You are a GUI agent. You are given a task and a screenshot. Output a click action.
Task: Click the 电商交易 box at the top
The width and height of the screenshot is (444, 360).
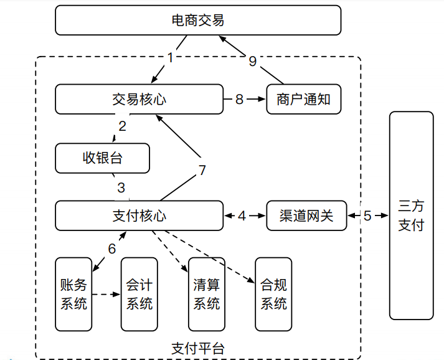click(198, 21)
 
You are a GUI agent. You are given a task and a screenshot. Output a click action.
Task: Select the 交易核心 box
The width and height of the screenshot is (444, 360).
click(139, 100)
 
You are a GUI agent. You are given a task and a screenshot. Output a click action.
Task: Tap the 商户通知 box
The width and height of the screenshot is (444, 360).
click(303, 100)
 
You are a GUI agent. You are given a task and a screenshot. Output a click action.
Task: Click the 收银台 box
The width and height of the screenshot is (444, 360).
click(103, 158)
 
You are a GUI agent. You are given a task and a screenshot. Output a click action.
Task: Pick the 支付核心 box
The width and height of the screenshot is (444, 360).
click(139, 216)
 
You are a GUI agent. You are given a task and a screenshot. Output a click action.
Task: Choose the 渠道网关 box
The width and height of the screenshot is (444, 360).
click(306, 216)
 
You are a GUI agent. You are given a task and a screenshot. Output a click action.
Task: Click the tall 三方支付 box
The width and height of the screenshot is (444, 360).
click(410, 216)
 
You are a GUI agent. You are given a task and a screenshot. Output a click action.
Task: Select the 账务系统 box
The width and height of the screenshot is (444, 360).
click(73, 294)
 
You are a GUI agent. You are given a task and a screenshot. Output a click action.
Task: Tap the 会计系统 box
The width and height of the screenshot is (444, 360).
click(139, 294)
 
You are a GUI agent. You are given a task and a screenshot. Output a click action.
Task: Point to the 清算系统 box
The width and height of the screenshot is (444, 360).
click(207, 294)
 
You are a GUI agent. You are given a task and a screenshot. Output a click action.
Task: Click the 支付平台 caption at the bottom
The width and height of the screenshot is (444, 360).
click(197, 348)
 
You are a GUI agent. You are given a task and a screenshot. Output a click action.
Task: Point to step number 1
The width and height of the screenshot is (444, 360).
click(171, 57)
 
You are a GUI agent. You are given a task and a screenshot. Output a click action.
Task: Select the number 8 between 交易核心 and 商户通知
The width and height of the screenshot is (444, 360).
click(239, 100)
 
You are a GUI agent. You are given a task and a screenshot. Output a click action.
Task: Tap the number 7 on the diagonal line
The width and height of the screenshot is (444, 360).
click(202, 170)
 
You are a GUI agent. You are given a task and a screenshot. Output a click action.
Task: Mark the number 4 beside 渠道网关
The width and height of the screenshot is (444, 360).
click(242, 216)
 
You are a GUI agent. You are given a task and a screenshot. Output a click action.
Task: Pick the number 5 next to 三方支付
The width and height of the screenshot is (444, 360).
click(367, 216)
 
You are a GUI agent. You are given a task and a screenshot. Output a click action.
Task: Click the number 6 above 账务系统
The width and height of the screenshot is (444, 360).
click(112, 249)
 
